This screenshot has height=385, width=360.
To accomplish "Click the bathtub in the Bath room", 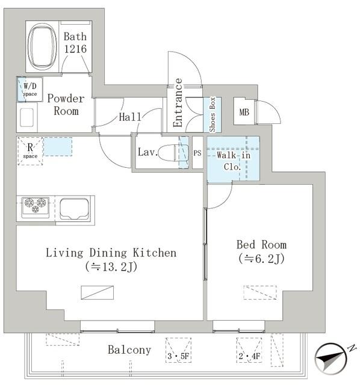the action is point(42,46).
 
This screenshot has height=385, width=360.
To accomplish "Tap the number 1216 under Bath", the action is point(75,49).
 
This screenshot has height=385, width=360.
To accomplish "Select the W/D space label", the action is point(30,89).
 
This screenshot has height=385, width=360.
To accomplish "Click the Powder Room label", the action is point(66,105).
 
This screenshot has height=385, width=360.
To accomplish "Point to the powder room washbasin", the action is point(26,118).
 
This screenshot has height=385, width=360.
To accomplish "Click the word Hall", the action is point(130,117).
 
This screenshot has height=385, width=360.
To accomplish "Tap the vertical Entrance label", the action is point(178,103).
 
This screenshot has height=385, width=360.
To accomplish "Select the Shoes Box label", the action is point(213,114).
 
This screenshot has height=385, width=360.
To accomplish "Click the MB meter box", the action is point(244,112).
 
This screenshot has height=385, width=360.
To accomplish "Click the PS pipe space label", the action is point(197,153).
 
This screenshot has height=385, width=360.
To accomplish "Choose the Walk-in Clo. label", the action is point(233,161).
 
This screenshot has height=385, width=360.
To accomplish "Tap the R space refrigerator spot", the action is point(30,151).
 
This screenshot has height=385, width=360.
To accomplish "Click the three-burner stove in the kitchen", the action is point(36,207).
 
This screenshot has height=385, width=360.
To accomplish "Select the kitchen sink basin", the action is point(75,209).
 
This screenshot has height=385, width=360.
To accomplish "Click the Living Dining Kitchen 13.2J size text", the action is point(111,266).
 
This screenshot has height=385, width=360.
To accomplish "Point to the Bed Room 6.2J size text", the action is point(261,259).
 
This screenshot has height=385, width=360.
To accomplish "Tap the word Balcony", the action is point(129,350).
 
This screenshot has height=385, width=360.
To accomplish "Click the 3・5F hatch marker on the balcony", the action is point(179,350).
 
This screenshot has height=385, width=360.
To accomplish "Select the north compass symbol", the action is point(331,359).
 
